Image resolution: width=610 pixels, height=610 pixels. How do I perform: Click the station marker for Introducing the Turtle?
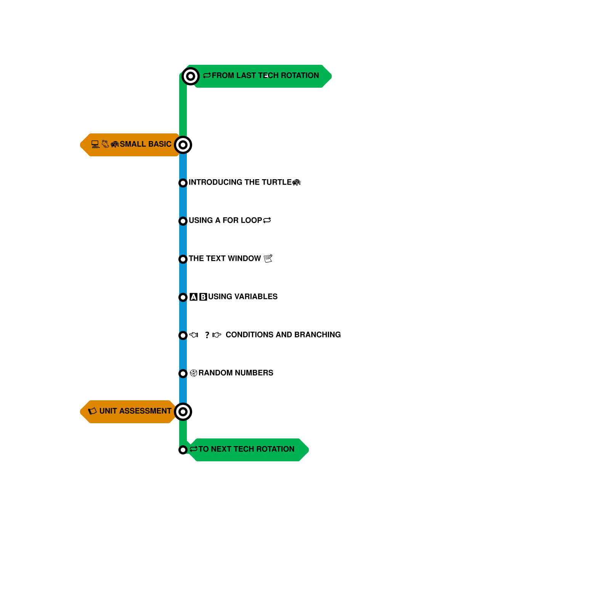click(x=183, y=183)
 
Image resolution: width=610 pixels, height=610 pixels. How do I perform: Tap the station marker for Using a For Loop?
click(x=183, y=221)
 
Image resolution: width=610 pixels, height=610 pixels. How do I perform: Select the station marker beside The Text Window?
click(x=183, y=259)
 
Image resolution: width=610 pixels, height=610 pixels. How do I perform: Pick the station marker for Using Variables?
click(x=183, y=297)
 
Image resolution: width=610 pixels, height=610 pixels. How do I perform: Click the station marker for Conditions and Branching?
click(x=183, y=335)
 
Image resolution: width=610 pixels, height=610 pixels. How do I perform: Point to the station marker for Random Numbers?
click(x=183, y=374)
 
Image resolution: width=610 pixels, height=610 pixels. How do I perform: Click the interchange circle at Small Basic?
click(x=183, y=145)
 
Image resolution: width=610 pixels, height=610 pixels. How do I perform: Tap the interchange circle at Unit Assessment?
click(x=183, y=412)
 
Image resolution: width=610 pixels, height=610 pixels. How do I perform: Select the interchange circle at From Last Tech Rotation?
click(x=191, y=76)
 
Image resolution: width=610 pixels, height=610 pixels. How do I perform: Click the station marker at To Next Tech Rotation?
click(x=183, y=450)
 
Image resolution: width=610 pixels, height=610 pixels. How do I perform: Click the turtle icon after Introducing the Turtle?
click(x=297, y=183)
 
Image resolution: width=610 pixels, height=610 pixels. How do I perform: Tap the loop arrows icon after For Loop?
click(x=267, y=220)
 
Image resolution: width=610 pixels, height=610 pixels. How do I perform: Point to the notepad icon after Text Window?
click(x=268, y=258)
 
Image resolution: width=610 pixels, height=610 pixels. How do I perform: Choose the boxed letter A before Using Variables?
click(x=194, y=297)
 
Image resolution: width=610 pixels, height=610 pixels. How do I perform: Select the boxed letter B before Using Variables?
click(x=203, y=297)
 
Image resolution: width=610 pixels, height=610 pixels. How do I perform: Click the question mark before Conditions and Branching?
click(x=207, y=335)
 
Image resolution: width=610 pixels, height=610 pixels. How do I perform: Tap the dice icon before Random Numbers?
click(x=194, y=373)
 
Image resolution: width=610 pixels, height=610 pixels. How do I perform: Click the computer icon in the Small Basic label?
click(x=95, y=144)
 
